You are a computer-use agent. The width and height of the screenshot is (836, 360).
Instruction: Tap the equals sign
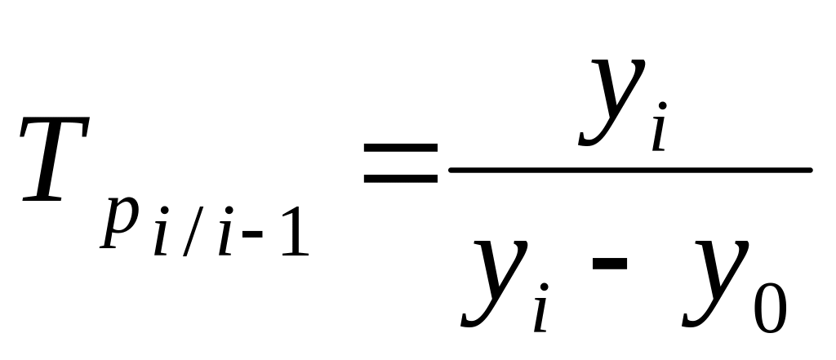point(401,163)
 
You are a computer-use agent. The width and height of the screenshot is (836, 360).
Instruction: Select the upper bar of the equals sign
point(401,149)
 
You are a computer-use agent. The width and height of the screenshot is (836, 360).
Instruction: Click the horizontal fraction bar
point(629,171)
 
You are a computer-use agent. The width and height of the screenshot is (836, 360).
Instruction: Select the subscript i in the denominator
point(540,309)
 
